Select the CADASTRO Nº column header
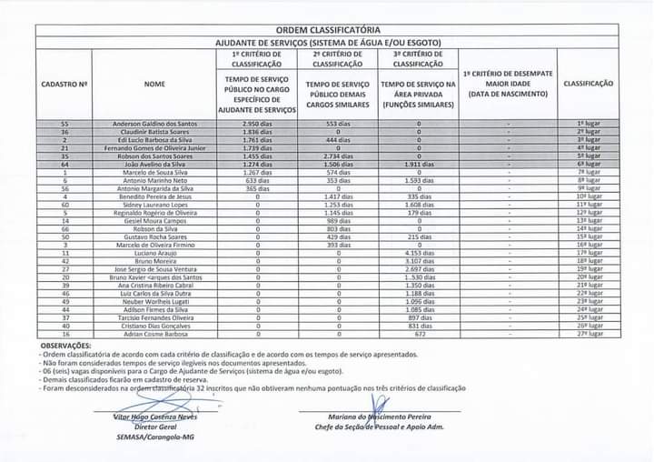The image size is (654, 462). tap(64, 84)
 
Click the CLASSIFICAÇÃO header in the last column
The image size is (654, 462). tap(588, 84)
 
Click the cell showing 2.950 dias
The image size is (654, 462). tap(258, 123)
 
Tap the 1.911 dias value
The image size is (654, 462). tap(418, 164)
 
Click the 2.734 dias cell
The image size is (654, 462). tap(338, 156)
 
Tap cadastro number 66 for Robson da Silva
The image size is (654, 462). tap(64, 229)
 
